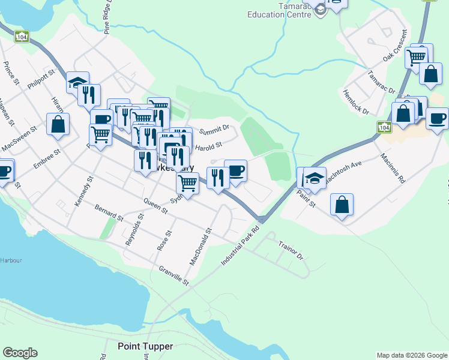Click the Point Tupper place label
(x=145, y=346)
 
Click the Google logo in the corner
(x=20, y=353)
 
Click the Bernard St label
(x=109, y=212)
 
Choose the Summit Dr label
(x=214, y=129)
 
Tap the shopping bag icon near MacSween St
(x=58, y=125)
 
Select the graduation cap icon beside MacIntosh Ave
(x=315, y=177)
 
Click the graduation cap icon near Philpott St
(x=77, y=82)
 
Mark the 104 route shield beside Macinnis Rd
(x=384, y=127)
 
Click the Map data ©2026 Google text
(x=411, y=355)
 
